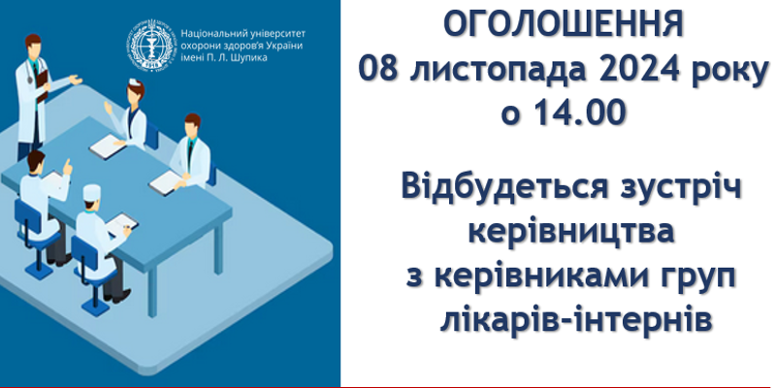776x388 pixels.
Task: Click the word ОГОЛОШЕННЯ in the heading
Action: pos(564,25)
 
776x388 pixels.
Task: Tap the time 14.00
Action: pos(580,113)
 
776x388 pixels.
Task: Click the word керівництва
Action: pos(571,233)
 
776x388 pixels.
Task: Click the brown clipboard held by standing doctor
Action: pos(43,84)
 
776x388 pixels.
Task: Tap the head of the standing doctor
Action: pos(33,46)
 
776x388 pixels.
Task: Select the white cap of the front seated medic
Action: pos(91,192)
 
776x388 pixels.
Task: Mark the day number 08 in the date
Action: pos(378,70)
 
